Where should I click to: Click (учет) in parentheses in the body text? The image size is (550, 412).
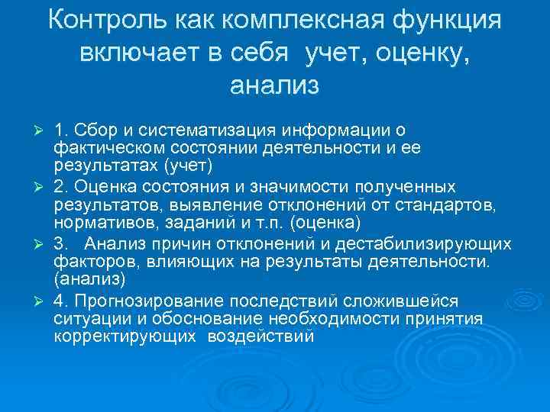click(x=188, y=166)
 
